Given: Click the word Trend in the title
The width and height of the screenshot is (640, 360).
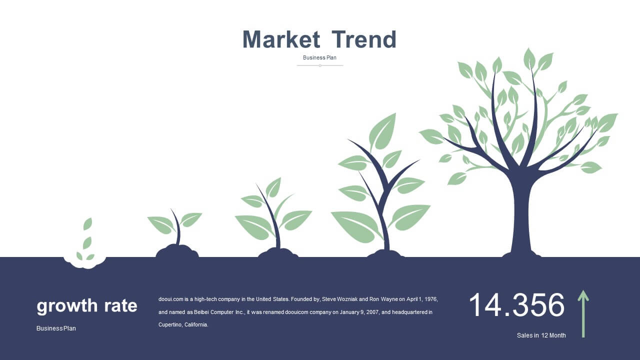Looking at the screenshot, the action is pos(364,39).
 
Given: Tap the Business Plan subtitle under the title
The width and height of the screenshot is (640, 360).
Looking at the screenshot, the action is pos(319,57).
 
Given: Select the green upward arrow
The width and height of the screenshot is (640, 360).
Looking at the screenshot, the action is pos(583,313).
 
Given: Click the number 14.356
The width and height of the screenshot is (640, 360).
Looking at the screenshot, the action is pos(517,304).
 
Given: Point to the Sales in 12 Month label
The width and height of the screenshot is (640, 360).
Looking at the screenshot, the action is pos(541,335).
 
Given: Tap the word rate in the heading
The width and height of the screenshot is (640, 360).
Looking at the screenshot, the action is pos(120,305).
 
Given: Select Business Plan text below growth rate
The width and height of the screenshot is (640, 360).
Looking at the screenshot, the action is pos(56,328).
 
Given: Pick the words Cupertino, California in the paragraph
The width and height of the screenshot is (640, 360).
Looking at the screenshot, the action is pos(183,324).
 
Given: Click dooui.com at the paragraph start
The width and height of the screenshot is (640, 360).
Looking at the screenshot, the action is pos(170,299).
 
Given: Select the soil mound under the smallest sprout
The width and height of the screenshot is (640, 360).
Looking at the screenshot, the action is pos(177,251).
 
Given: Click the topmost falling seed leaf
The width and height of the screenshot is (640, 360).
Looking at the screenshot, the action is pos(87,224).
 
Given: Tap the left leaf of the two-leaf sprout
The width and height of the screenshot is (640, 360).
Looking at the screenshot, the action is pos(161,225).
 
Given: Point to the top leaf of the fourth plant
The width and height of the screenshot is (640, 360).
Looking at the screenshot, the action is pos(382,131).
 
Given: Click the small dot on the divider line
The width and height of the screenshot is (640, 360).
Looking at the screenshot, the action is pos(320,65).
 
